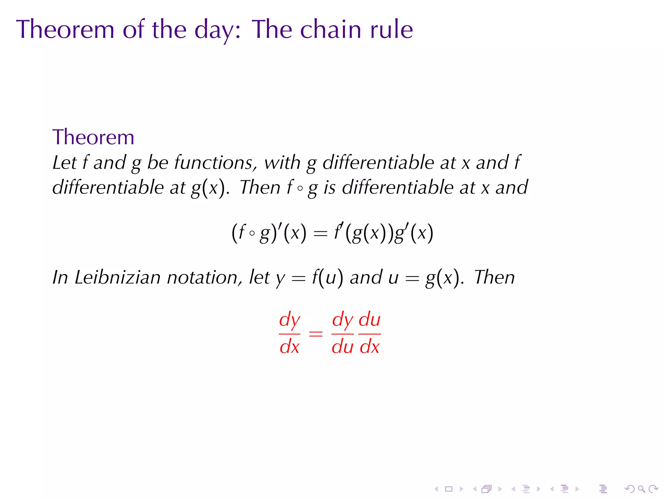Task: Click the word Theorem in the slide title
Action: [65, 30]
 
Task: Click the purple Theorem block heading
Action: [93, 137]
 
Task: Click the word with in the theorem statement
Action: [282, 162]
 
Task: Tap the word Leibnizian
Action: [118, 278]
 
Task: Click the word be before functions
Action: [157, 162]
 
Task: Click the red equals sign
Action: [316, 334]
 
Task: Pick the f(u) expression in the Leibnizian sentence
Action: [327, 278]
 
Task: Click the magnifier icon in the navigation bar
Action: [642, 489]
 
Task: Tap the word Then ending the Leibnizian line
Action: [494, 278]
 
